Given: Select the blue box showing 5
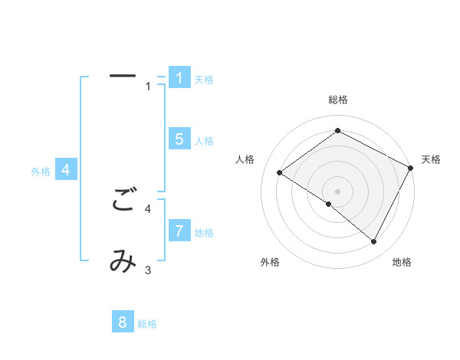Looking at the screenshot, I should tap(179, 139).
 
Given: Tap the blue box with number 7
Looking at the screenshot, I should tap(179, 231).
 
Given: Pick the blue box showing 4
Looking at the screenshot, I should tap(66, 170).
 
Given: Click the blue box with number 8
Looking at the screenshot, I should tap(123, 322).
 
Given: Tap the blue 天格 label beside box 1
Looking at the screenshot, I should tap(204, 80).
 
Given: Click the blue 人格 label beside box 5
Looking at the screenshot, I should tap(204, 141).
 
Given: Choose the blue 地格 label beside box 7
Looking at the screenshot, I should tap(204, 233).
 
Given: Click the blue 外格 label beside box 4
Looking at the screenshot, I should tap(41, 172).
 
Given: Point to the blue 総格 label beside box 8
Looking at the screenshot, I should tap(147, 325).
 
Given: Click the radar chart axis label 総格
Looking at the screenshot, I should tap(337, 100).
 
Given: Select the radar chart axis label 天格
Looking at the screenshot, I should tap(431, 159).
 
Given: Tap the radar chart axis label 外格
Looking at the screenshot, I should tap(270, 262).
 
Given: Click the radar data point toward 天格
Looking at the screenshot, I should tap(411, 168).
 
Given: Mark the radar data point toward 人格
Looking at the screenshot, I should tap(280, 172).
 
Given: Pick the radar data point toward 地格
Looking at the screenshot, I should tap(374, 242).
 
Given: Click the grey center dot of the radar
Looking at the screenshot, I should tap(337, 191).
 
